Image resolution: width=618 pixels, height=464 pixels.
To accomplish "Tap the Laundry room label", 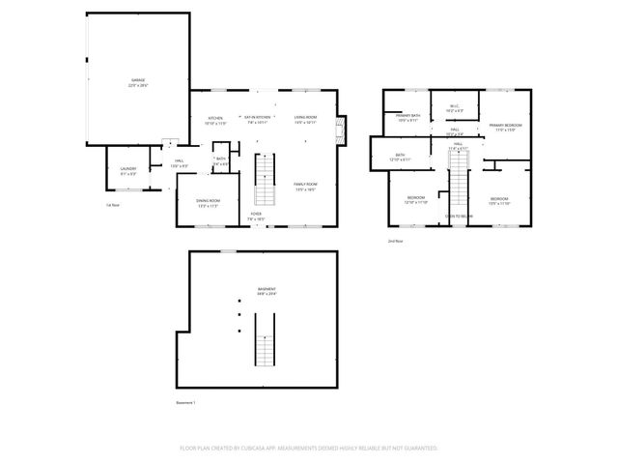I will [127, 170].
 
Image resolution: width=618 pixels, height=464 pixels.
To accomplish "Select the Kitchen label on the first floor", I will [215, 117].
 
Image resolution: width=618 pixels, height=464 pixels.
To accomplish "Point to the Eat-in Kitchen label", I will [255, 117].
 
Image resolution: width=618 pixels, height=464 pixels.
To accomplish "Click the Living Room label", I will [305, 117].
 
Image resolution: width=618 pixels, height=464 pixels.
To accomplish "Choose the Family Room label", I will [305, 185].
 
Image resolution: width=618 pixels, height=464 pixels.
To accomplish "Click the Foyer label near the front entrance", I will [256, 215].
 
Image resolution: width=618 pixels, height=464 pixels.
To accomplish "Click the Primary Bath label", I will [408, 117].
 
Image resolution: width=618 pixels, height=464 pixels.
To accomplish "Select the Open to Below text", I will [458, 217].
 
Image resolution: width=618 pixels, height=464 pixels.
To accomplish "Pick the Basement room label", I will [266, 290].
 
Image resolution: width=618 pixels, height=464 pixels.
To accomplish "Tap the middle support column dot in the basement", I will [239, 316].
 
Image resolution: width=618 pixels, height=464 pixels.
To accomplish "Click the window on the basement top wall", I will [229, 251].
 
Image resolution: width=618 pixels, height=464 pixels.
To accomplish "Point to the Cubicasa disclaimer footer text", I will [309, 448].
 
